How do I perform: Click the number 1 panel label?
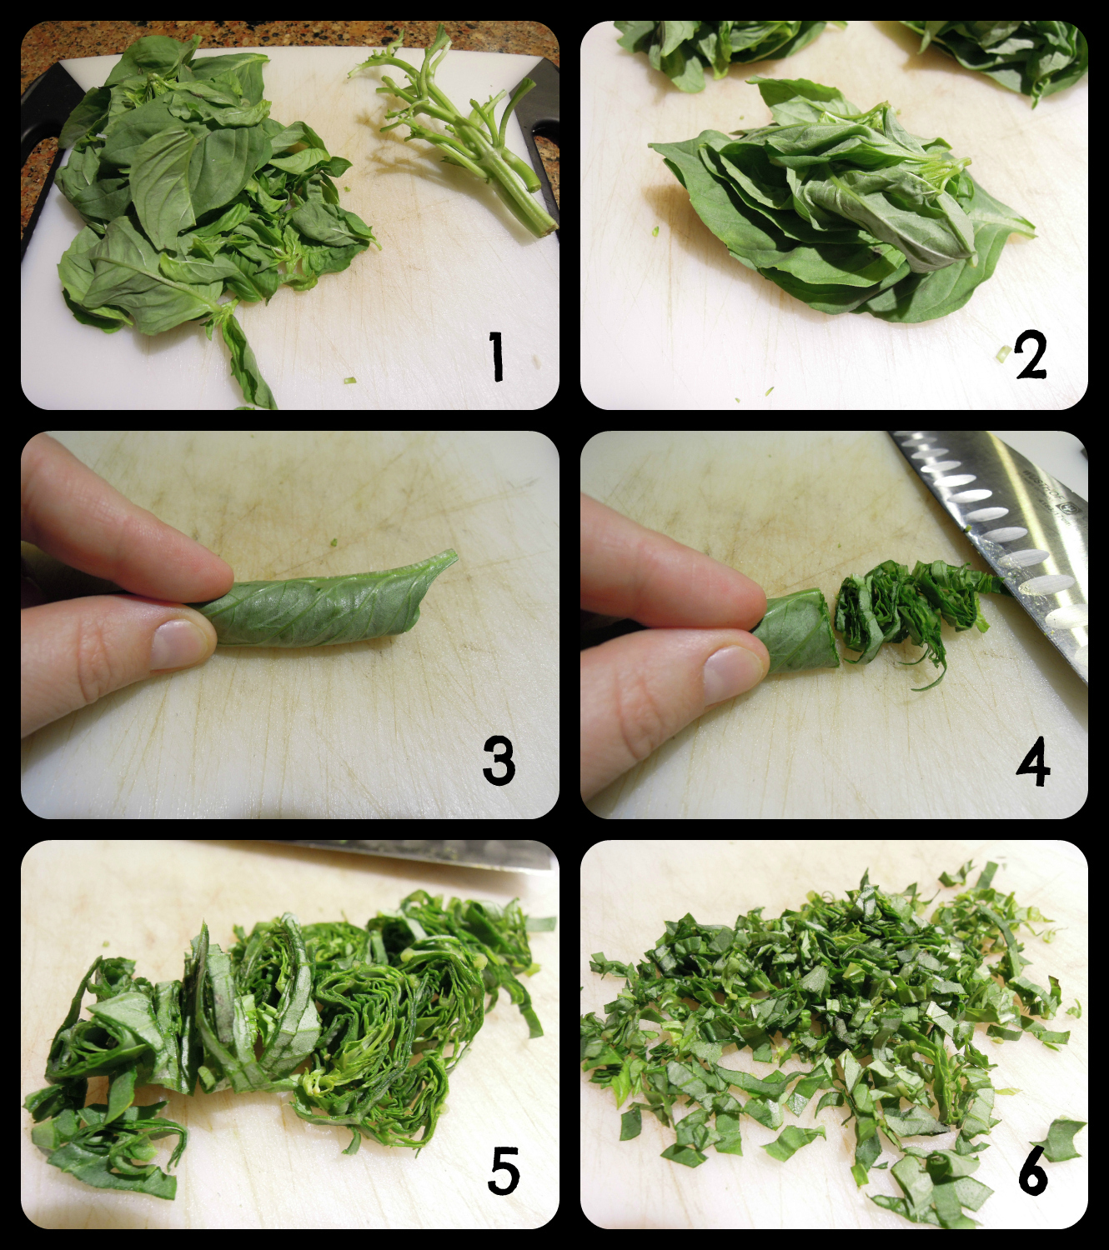click(496, 356)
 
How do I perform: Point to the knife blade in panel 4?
click(1001, 543)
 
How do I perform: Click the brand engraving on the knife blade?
click(1050, 493)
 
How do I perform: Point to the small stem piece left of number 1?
click(349, 380)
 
